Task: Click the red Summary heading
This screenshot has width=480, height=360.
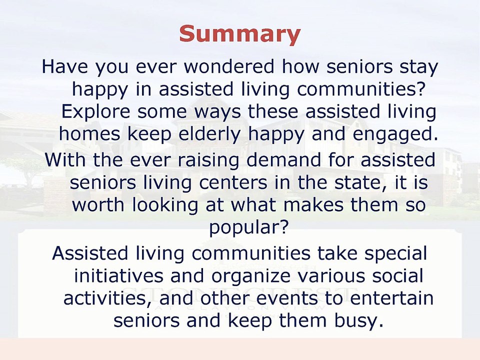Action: (240, 33)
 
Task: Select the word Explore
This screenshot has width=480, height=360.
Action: (96, 111)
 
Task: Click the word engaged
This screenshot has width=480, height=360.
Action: (395, 134)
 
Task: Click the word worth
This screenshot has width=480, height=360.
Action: (98, 204)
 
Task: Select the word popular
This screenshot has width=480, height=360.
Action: (249, 228)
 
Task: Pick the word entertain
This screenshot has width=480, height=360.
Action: (392, 298)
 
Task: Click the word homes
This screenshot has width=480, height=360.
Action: (89, 134)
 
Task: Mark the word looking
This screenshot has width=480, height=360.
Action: (165, 205)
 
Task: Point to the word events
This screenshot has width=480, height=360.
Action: (288, 298)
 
